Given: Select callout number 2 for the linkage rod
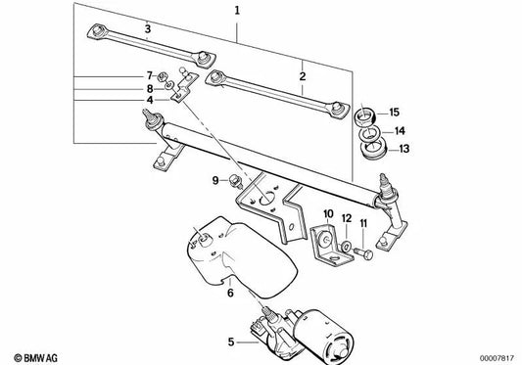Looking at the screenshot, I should pos(303,75).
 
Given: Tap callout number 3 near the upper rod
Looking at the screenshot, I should pos(147,29).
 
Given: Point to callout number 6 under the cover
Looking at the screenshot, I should pos(229,292).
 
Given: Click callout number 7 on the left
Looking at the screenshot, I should pos(150,74).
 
